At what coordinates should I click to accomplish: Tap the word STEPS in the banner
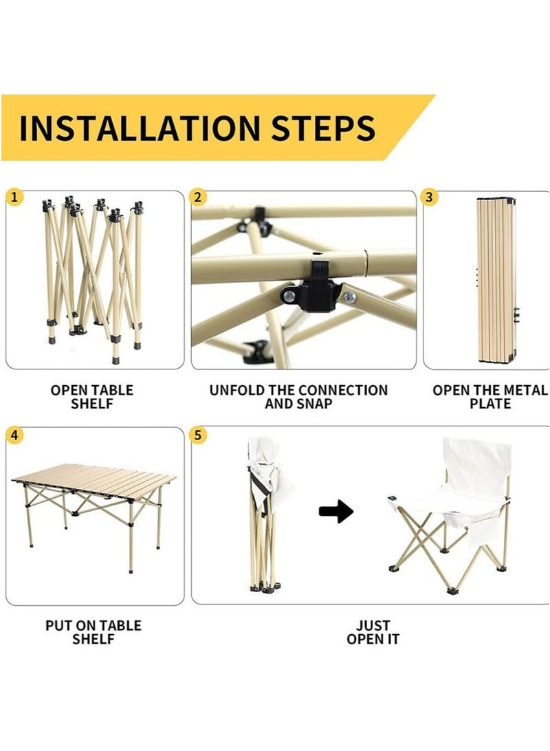point(323,128)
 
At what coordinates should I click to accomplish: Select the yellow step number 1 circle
point(14,197)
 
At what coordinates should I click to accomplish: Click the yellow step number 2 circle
point(198,197)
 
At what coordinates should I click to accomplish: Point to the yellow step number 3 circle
point(430,197)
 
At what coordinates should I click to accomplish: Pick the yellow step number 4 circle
point(14,435)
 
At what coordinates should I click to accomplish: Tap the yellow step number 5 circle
point(198,435)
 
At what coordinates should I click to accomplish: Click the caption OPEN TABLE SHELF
point(92,397)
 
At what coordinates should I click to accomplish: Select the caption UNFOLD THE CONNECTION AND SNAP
point(298,397)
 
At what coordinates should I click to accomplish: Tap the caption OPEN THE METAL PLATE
point(490,397)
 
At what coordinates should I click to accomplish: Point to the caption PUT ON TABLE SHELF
point(93,632)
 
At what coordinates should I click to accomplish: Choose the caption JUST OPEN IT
point(373,632)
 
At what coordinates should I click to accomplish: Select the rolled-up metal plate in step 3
point(497,280)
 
